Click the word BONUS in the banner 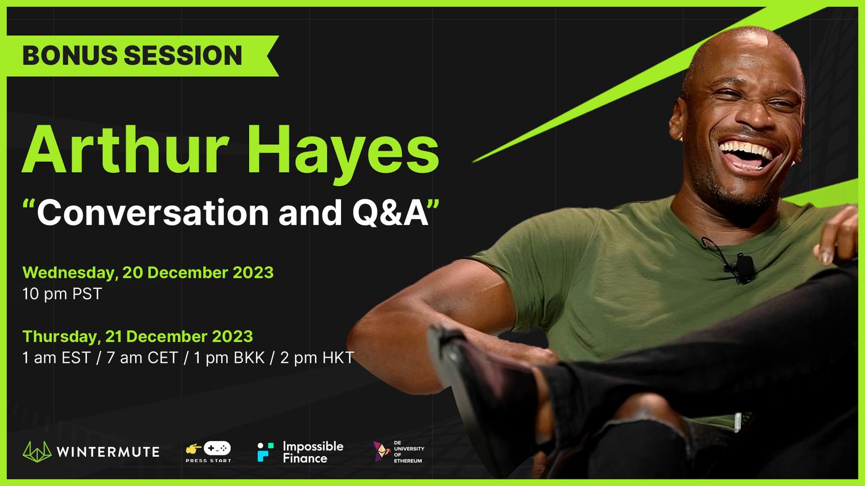(x=70, y=55)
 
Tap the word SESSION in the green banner (x=183, y=55)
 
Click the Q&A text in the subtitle (x=390, y=213)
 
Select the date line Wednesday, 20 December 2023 (x=148, y=273)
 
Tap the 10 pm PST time (x=62, y=294)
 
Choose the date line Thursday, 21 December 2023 (x=137, y=336)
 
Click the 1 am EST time (x=56, y=358)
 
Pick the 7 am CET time (x=142, y=358)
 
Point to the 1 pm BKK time (x=229, y=358)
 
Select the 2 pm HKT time (x=317, y=358)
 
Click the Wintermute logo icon (x=37, y=451)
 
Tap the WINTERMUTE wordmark (x=108, y=452)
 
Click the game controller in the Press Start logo (x=217, y=448)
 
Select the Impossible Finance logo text (x=313, y=452)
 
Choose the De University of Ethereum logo (x=398, y=451)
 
